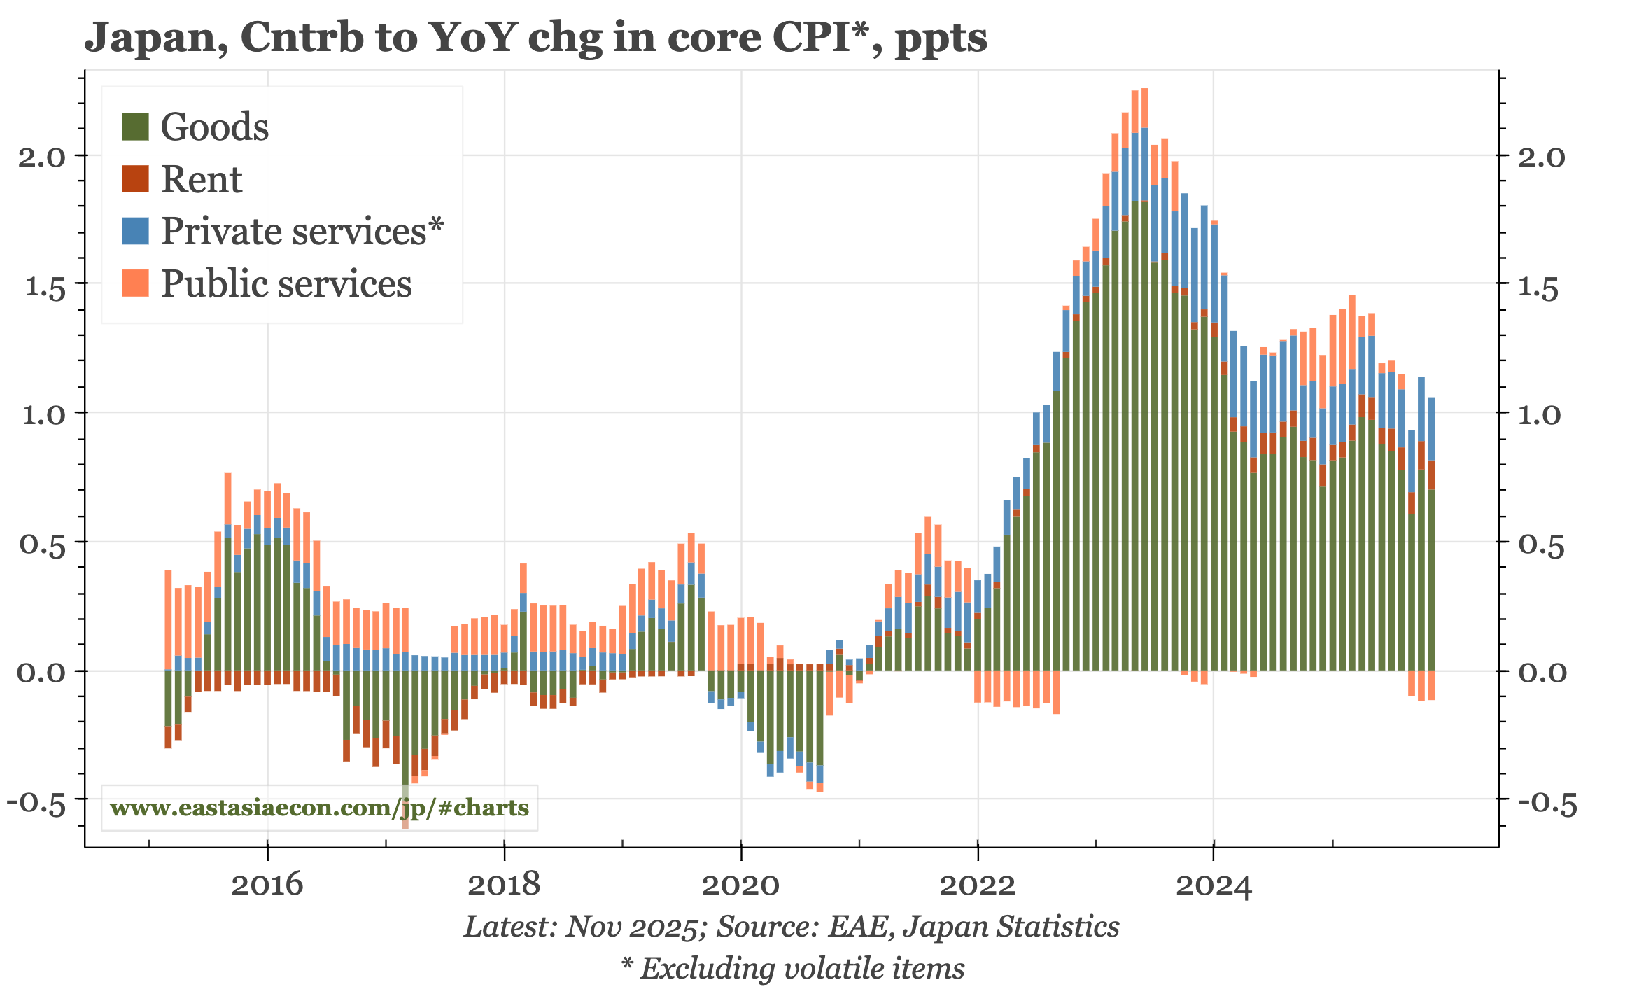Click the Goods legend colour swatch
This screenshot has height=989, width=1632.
(x=135, y=127)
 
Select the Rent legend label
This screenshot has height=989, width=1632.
(x=202, y=179)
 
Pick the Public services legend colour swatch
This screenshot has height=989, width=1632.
(x=135, y=283)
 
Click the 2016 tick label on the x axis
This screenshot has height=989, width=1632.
(x=267, y=885)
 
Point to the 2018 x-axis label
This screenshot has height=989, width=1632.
(x=504, y=885)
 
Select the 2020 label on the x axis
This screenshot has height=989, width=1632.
(x=740, y=885)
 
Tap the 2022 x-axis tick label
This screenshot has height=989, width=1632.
(x=977, y=885)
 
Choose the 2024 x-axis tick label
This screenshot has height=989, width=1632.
(x=1214, y=885)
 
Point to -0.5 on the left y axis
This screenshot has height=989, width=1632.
(x=36, y=802)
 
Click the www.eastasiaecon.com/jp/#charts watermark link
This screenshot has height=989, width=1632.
(x=319, y=808)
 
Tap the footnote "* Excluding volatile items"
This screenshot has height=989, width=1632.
(x=792, y=969)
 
